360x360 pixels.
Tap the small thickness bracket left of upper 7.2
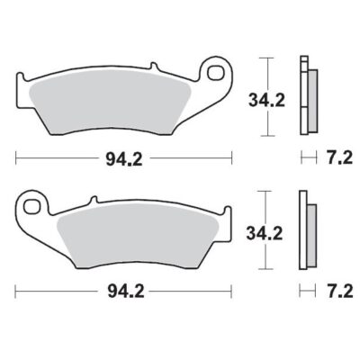[x=306, y=158]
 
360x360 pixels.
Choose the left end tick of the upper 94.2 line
[x=18, y=158]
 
